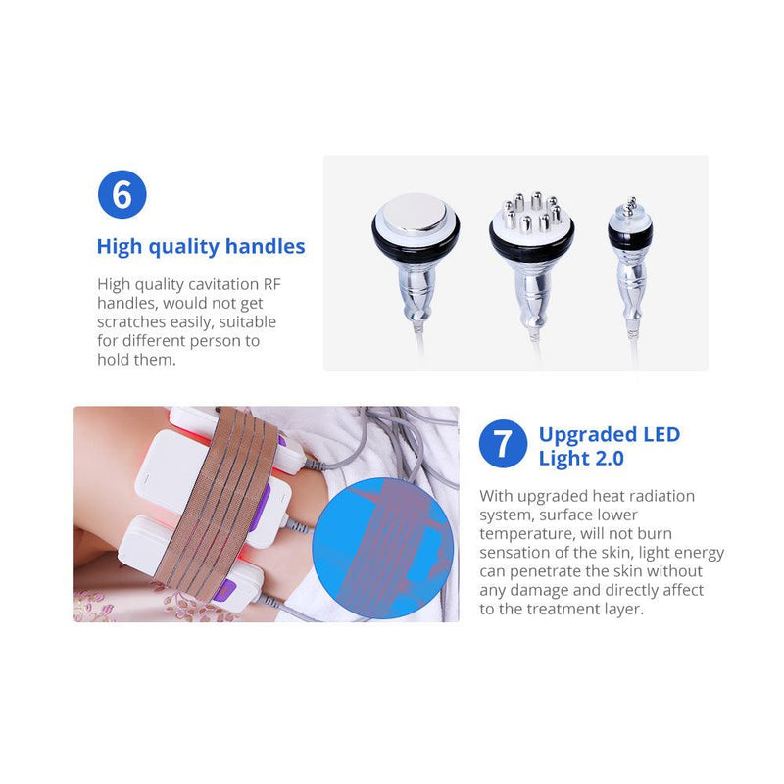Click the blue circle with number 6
122,194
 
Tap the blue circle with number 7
503,444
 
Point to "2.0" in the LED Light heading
606,458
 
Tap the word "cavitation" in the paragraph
204,284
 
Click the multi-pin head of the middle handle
532,215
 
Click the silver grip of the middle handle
532,290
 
